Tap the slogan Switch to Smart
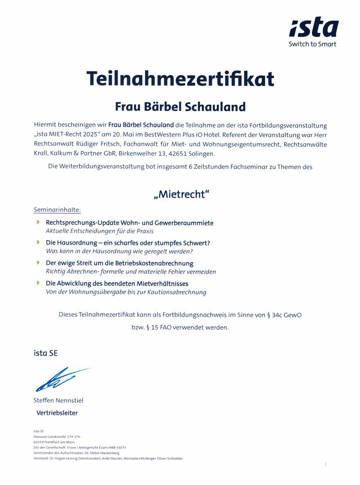(x=312, y=44)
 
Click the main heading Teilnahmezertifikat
(x=180, y=79)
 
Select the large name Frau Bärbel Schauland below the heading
(x=180, y=106)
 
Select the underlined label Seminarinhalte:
(x=57, y=210)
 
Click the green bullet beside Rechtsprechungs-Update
(x=39, y=222)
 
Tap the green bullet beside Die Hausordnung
(x=39, y=242)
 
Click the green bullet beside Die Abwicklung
(x=39, y=283)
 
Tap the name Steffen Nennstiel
(x=58, y=400)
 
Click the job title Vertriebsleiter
(x=57, y=412)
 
